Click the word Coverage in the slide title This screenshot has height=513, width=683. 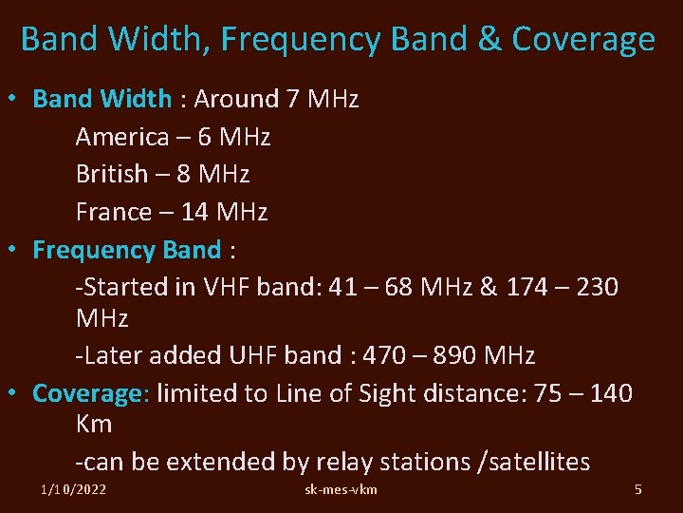pos(583,40)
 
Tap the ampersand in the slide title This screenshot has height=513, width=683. pos(489,40)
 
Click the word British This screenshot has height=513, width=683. pos(112,174)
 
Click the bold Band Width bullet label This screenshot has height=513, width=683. pos(102,99)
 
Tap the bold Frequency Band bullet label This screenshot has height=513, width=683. pos(126,250)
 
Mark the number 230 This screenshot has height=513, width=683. pos(594,287)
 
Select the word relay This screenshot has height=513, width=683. pos(344,463)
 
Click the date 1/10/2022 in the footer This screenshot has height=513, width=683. pos(73,489)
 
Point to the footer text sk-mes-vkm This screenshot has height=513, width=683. pos(341,489)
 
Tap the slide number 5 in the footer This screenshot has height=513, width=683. pos(637,489)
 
